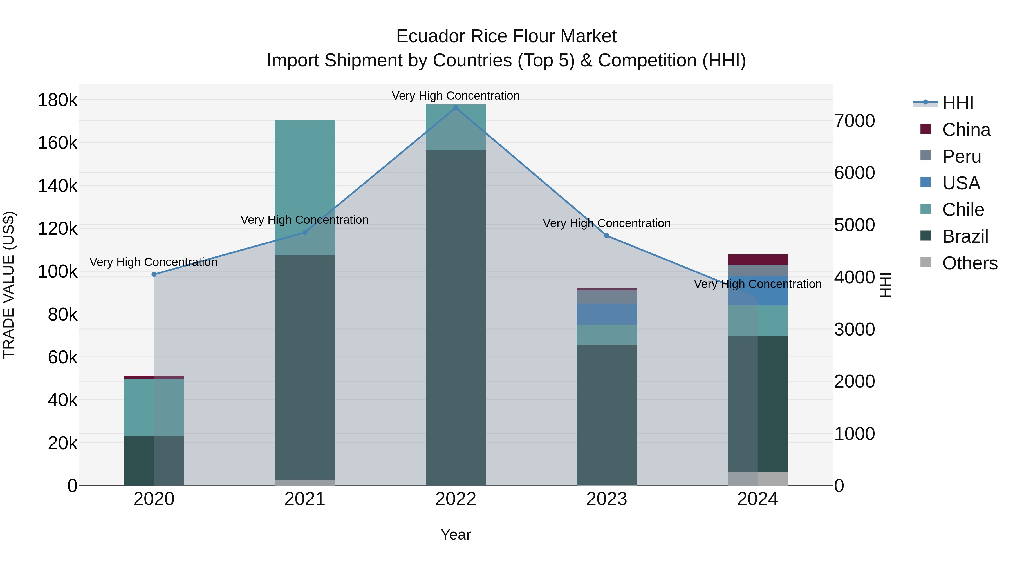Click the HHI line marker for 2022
click(x=456, y=108)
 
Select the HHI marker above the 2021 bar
click(x=305, y=233)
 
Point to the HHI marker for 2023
click(x=607, y=236)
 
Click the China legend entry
click(x=966, y=130)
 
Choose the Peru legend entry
click(x=962, y=157)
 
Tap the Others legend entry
click(x=969, y=263)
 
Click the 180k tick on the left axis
click(x=57, y=100)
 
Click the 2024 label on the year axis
click(x=757, y=499)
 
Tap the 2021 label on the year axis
click(x=305, y=499)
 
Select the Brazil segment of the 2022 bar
click(x=456, y=315)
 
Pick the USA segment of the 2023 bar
click(x=607, y=314)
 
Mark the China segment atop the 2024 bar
click(x=757, y=260)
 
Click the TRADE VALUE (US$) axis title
click(x=9, y=285)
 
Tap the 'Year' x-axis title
click(x=456, y=535)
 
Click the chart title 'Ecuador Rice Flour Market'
click(x=506, y=36)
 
